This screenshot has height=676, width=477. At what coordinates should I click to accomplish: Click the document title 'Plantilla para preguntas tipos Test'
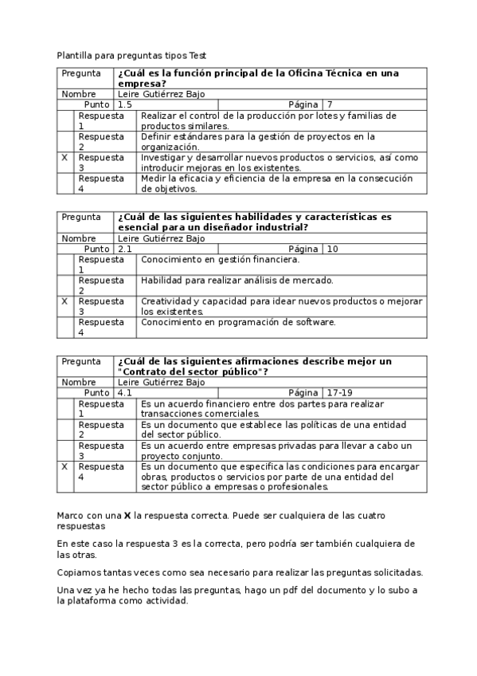(x=131, y=56)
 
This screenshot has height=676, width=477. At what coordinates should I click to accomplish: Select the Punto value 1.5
(x=125, y=104)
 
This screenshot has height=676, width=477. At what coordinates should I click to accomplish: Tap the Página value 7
(x=330, y=104)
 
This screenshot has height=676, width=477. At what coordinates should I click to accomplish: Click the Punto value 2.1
(x=125, y=249)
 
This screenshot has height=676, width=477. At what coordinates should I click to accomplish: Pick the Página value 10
(x=333, y=249)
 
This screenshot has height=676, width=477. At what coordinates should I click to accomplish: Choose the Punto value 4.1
(x=125, y=393)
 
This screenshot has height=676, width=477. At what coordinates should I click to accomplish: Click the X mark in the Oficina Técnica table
(x=64, y=158)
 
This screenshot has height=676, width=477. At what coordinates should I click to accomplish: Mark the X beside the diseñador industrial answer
(x=64, y=301)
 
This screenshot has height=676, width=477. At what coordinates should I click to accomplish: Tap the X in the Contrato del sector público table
(x=64, y=466)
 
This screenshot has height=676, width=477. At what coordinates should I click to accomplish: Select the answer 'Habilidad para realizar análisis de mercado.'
(x=237, y=280)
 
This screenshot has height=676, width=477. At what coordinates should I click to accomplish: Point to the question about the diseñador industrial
(x=254, y=222)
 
